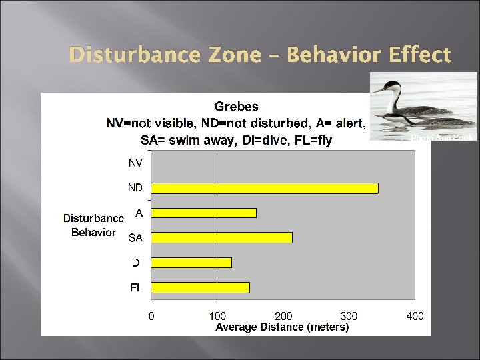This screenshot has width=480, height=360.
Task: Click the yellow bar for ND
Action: (264, 188)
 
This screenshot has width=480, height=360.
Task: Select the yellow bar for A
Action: (203, 213)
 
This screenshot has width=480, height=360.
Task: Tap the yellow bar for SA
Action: (221, 237)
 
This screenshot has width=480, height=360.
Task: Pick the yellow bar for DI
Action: (191, 263)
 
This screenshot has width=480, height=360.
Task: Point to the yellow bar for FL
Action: (200, 287)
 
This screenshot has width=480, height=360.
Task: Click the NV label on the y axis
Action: (135, 163)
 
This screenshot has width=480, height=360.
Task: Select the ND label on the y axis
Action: (135, 188)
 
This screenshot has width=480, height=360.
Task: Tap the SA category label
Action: (135, 237)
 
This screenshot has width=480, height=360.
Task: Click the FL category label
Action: (136, 287)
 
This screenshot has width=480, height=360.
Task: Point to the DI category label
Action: (136, 263)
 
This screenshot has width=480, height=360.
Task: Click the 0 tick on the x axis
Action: (151, 316)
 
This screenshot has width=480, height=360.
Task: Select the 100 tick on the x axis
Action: (217, 316)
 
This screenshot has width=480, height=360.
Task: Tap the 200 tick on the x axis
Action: (283, 316)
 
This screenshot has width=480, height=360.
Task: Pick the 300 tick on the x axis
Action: (349, 316)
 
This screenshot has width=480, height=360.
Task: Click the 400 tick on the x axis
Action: (415, 316)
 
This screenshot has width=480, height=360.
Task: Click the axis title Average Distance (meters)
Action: (282, 327)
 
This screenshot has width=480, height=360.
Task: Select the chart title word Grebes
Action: (236, 107)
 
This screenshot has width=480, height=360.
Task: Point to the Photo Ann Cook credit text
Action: (441, 137)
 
